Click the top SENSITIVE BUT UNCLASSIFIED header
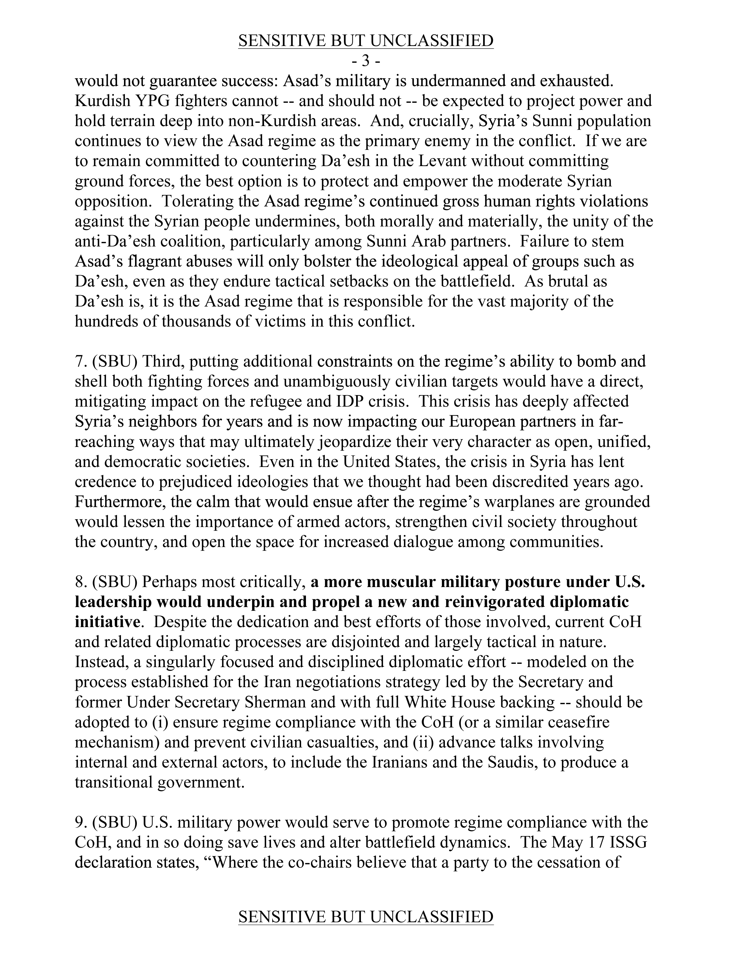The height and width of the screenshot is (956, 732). pos(366,41)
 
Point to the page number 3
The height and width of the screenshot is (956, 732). pos(366,61)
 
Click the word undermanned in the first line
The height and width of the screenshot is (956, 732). pos(471,81)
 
